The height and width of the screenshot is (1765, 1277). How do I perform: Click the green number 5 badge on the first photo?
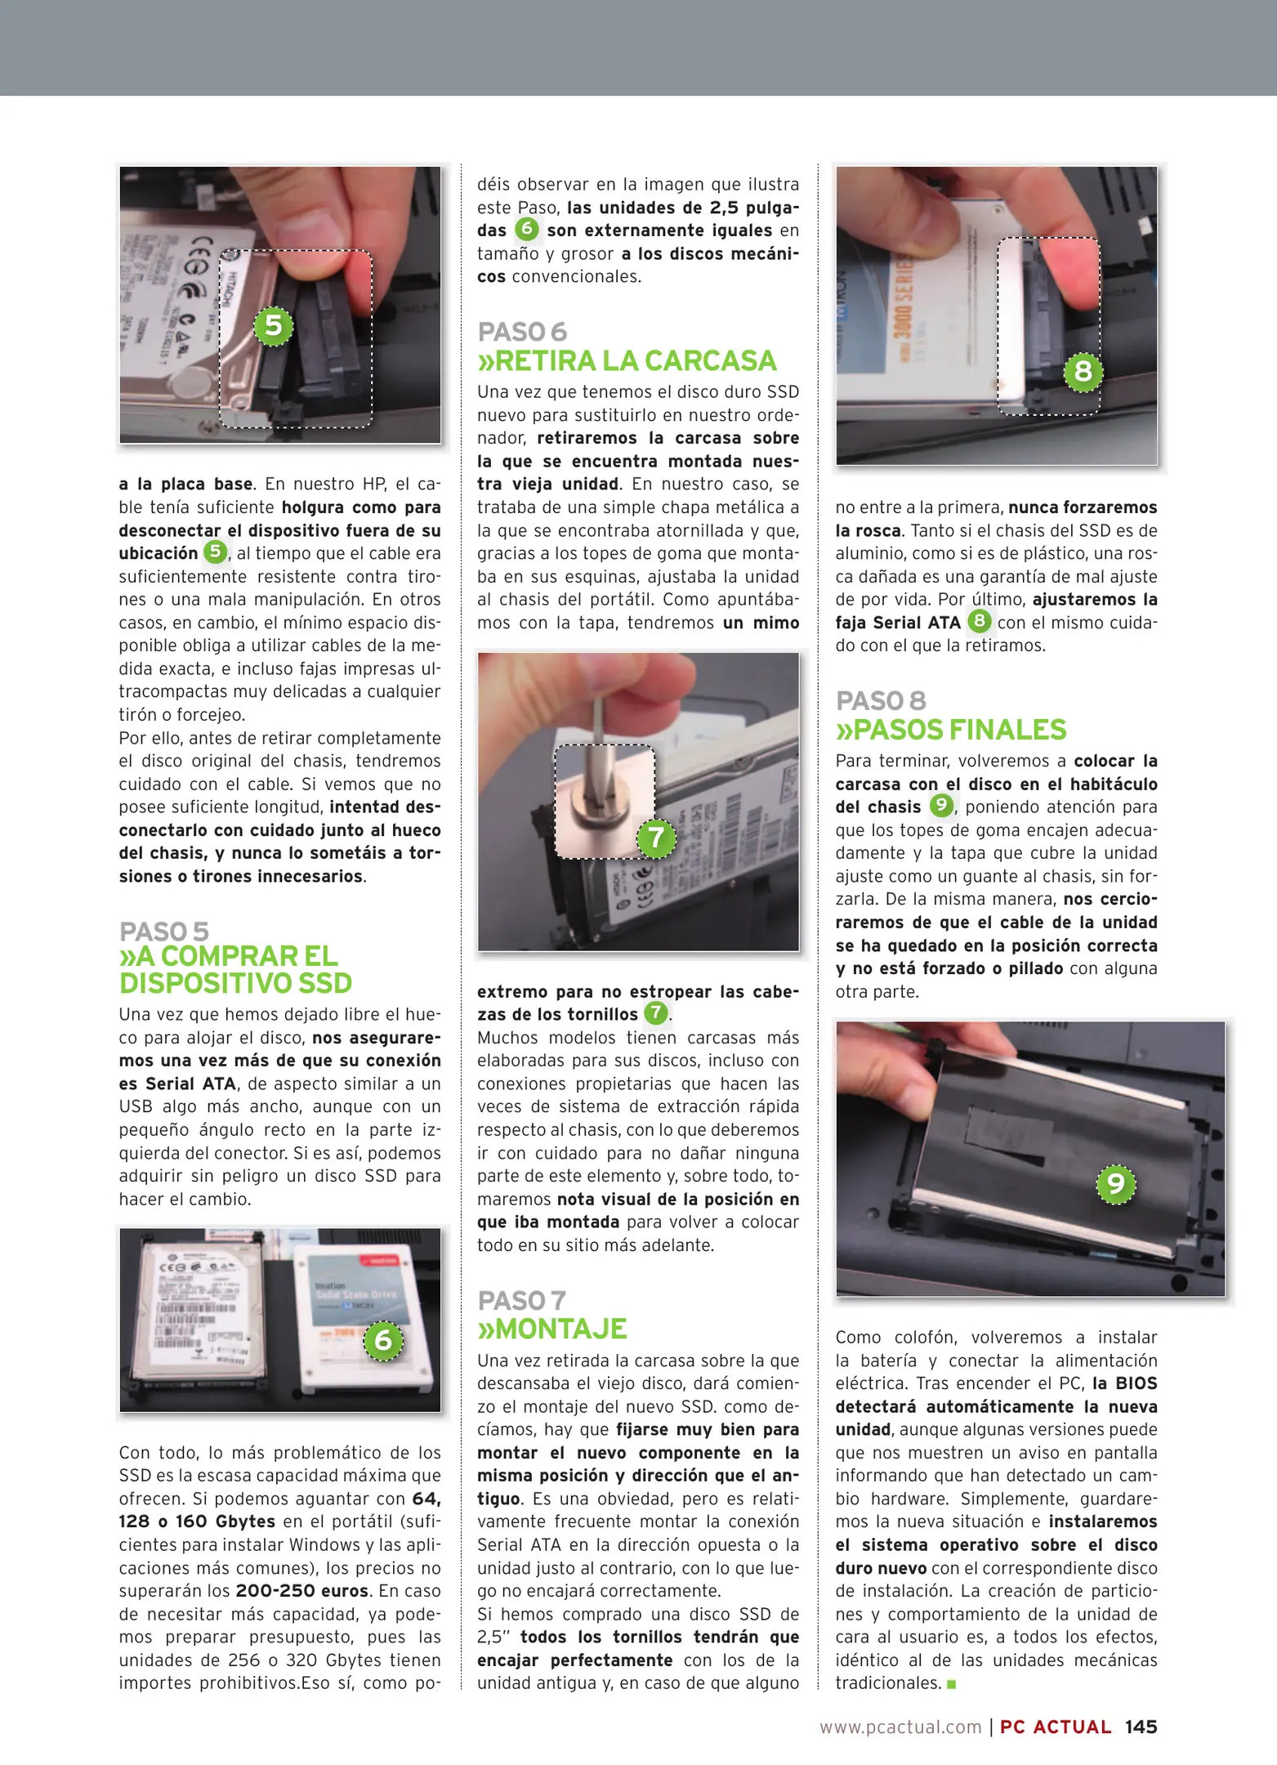click(x=274, y=325)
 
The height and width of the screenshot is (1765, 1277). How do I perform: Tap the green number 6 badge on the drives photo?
click(x=382, y=1341)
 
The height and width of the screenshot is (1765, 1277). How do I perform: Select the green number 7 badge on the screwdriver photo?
click(x=656, y=838)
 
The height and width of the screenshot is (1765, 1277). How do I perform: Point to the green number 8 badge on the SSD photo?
click(x=1083, y=371)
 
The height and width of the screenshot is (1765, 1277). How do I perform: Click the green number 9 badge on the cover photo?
click(x=1115, y=1183)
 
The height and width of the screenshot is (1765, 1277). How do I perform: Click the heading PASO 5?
click(x=164, y=932)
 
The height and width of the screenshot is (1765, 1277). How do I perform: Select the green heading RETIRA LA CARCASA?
click(x=627, y=361)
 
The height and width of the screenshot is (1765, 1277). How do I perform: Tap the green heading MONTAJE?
click(x=552, y=1329)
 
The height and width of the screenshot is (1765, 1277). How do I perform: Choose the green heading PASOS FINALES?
click(x=950, y=730)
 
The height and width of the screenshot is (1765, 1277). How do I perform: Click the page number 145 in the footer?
click(x=1141, y=1727)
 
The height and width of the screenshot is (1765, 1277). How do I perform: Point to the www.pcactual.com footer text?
click(x=900, y=1727)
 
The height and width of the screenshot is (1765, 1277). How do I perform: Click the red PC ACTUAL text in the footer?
click(x=1055, y=1727)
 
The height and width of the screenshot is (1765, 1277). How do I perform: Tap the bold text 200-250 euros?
click(x=302, y=1591)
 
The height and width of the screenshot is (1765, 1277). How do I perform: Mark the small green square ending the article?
click(x=951, y=1684)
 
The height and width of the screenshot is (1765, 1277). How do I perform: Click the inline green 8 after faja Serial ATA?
click(x=979, y=621)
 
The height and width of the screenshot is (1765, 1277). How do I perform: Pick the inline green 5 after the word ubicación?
click(x=215, y=552)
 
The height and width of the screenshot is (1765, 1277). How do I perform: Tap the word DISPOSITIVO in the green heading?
click(x=206, y=983)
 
